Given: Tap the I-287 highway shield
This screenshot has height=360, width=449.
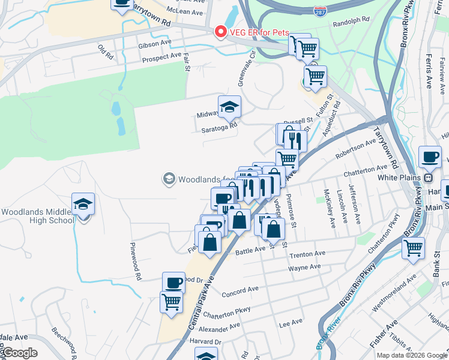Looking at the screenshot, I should (x=320, y=11).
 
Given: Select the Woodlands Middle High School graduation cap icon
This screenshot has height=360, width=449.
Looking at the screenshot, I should (x=83, y=204).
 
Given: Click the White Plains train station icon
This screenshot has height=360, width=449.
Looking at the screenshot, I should (x=429, y=178).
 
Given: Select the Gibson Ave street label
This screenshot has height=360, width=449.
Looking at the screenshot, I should (x=154, y=43).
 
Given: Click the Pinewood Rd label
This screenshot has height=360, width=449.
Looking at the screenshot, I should (x=135, y=262).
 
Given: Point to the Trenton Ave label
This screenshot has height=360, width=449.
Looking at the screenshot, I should (x=307, y=254).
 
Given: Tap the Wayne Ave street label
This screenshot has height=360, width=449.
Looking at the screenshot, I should (x=306, y=268).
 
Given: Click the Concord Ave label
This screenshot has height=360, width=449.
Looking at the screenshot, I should (x=240, y=292).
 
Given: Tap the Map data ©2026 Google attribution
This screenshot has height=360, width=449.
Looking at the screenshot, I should (x=412, y=355).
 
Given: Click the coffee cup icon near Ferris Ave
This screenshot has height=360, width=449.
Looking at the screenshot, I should (x=429, y=157).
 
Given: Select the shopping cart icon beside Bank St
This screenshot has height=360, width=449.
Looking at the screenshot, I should (x=413, y=248).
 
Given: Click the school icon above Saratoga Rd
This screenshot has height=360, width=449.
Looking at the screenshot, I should (x=229, y=107).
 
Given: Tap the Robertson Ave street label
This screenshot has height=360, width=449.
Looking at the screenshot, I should (x=355, y=146).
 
